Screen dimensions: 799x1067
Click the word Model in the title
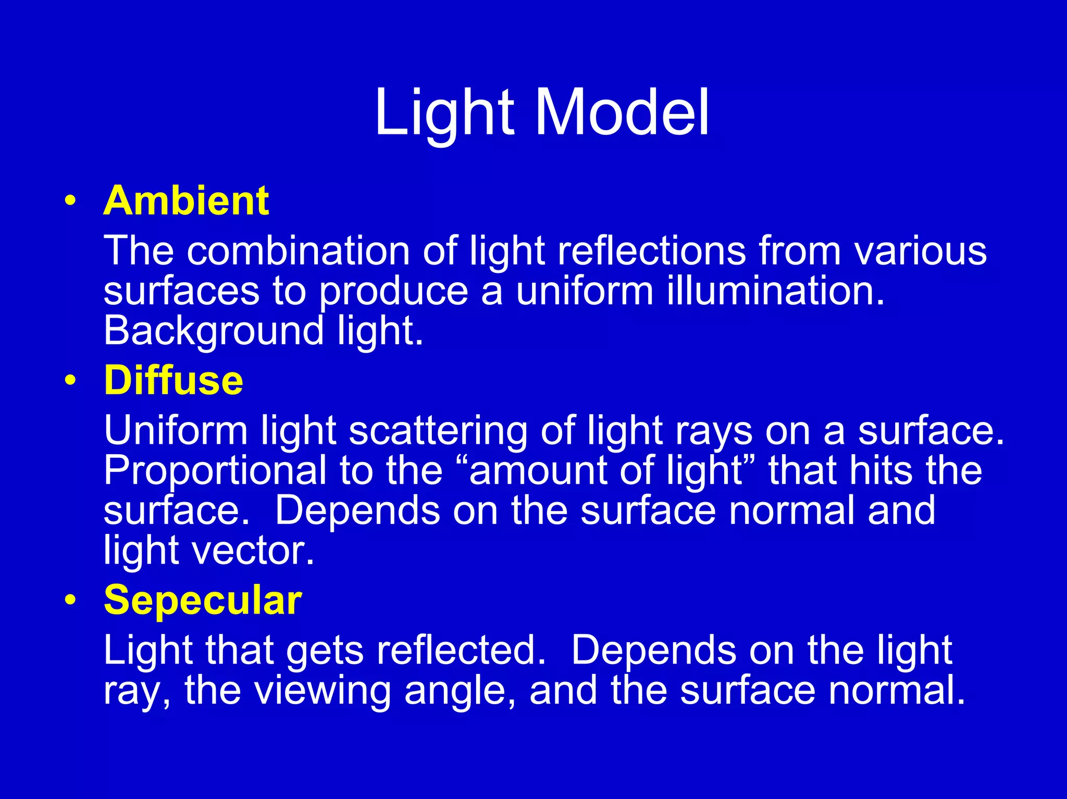point(622,113)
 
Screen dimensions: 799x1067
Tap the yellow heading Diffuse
point(173,380)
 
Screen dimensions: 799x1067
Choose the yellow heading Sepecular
point(203,600)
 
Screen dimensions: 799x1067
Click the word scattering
point(438,431)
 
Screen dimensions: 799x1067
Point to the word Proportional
point(215,470)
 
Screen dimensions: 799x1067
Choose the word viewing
point(323,691)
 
